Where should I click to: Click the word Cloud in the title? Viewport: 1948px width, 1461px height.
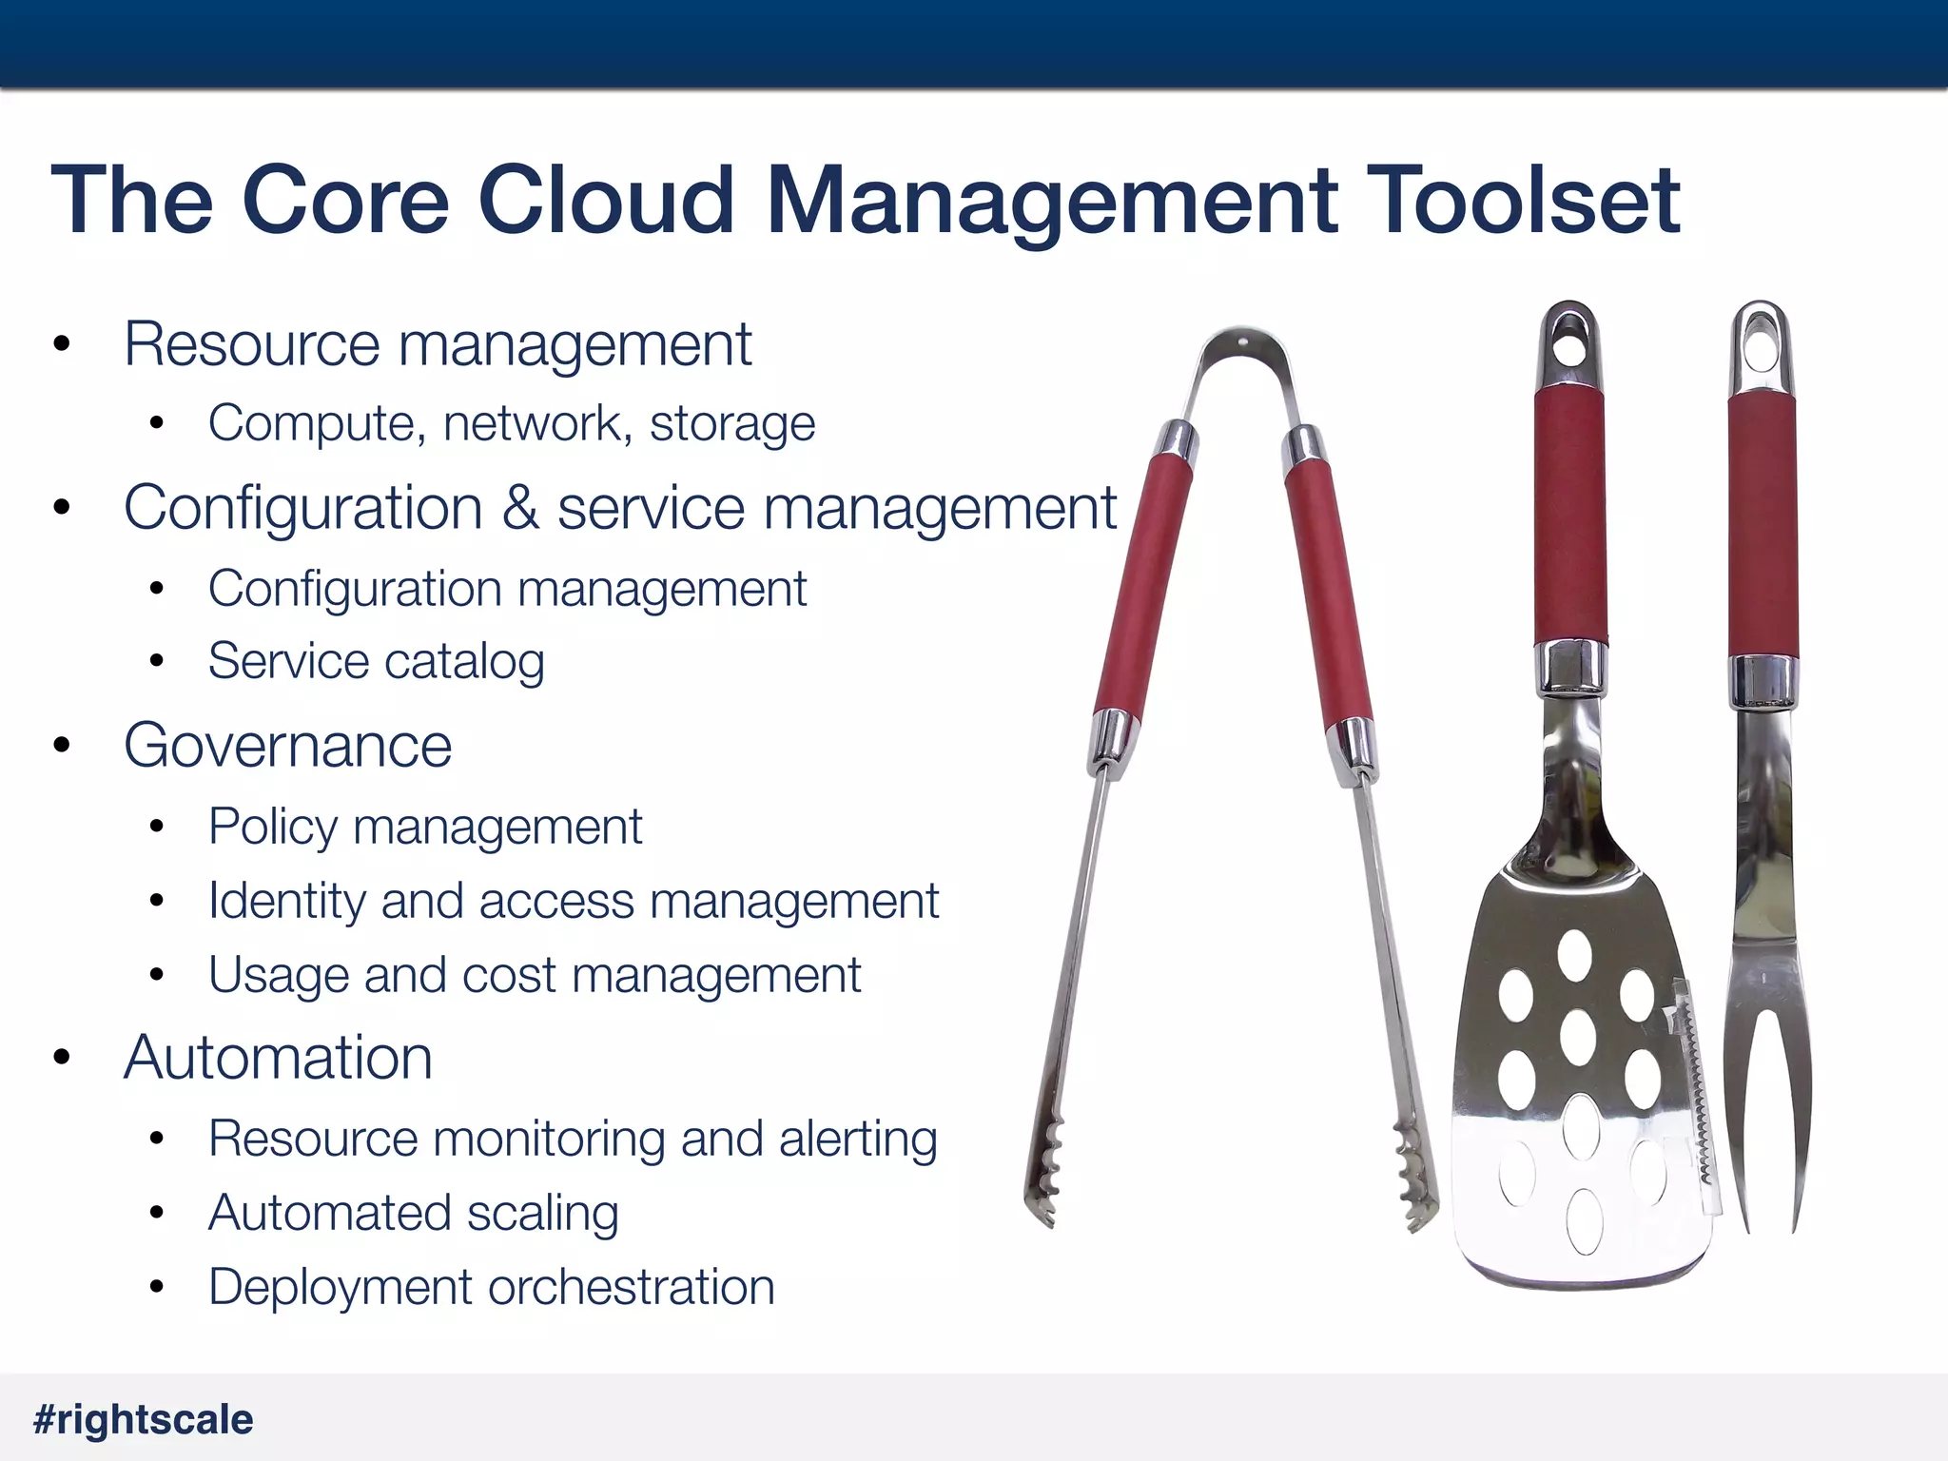606,200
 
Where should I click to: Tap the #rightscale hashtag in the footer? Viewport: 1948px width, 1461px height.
144,1419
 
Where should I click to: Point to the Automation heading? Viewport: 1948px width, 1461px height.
278,1057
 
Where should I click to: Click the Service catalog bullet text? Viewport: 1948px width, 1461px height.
376,661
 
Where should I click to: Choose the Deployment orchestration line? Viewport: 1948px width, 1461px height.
491,1287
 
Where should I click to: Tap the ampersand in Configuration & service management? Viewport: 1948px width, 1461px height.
520,507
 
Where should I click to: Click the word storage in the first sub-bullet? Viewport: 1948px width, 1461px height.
732,423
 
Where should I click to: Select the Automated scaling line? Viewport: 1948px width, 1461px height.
413,1213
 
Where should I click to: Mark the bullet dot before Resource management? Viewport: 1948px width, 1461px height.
63,344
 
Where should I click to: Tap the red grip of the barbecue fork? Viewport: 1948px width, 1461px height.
1763,523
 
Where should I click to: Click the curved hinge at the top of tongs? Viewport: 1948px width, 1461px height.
1242,352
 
